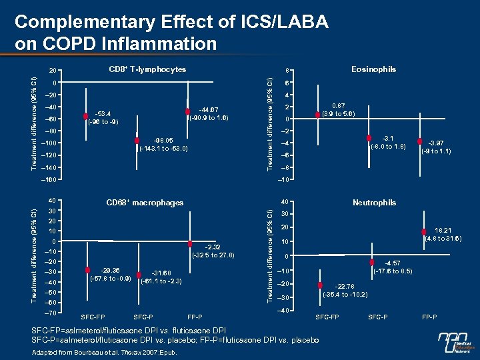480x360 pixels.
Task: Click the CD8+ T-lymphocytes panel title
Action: pyautogui.click(x=147, y=69)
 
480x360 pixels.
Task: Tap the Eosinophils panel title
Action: pyautogui.click(x=373, y=69)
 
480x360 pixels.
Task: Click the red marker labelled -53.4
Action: pyautogui.click(x=86, y=115)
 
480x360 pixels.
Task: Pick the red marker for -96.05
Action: pyautogui.click(x=137, y=141)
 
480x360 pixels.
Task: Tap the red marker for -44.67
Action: pyautogui.click(x=189, y=111)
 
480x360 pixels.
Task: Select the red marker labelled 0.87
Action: pyautogui.click(x=318, y=115)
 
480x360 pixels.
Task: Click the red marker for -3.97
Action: pyautogui.click(x=421, y=141)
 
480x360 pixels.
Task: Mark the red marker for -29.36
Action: pyautogui.click(x=88, y=269)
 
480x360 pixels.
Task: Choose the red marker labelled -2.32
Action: pyautogui.click(x=190, y=244)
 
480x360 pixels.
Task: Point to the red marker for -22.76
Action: pyautogui.click(x=321, y=285)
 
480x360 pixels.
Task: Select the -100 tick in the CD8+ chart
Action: pyautogui.click(x=48, y=144)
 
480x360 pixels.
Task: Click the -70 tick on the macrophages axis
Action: pyautogui.click(x=50, y=312)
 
